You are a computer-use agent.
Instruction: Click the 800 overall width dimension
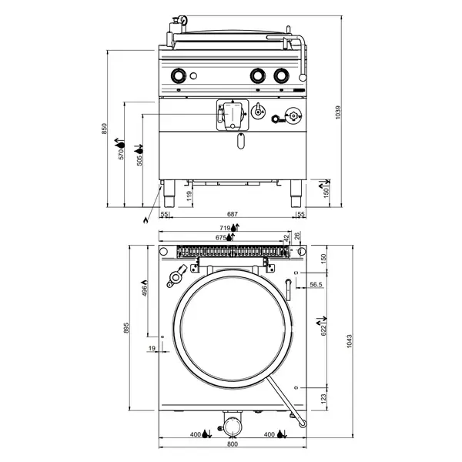[x=232, y=445]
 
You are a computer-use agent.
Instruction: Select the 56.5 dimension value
[x=316, y=285]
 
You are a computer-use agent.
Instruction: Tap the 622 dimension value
[x=323, y=329]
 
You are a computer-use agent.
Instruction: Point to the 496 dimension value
[x=145, y=290]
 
